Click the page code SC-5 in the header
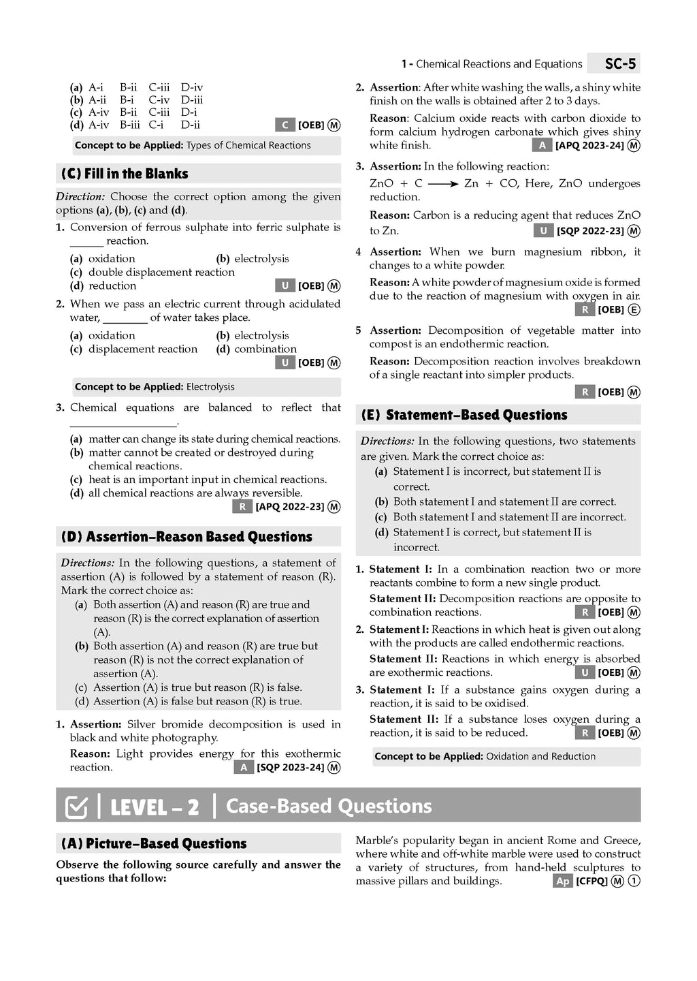tap(620, 64)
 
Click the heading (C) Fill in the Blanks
tap(125, 174)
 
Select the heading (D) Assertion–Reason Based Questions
tap(187, 537)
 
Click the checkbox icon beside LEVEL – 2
tap(76, 807)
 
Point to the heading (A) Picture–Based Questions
tap(154, 843)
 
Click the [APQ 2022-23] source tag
tap(290, 507)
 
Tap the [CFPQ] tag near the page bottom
tap(591, 882)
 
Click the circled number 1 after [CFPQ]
tap(634, 882)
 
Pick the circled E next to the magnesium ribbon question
tap(634, 310)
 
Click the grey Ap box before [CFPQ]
tap(562, 882)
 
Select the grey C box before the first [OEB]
tap(285, 125)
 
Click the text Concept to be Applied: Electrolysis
tap(155, 387)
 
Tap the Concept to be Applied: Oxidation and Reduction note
tap(485, 756)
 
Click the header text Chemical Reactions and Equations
tap(499, 64)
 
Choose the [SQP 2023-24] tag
tap(290, 768)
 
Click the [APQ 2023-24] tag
tap(589, 146)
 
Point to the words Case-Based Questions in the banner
tap(329, 807)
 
